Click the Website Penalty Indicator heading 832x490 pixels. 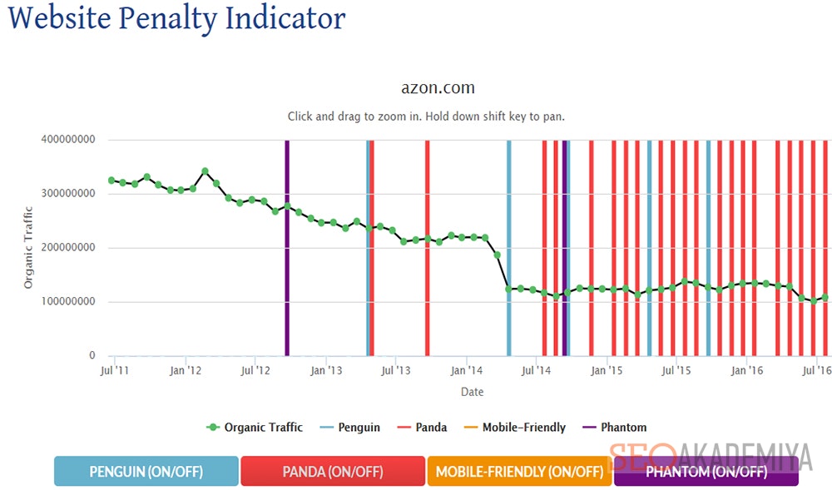click(176, 18)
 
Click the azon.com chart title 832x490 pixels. click(438, 88)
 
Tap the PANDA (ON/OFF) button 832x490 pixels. click(332, 472)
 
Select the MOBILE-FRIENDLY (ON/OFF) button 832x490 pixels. click(519, 472)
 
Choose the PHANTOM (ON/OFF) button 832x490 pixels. click(706, 472)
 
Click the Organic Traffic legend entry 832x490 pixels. click(255, 428)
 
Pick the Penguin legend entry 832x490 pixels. click(351, 428)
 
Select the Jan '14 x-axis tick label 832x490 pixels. click(467, 370)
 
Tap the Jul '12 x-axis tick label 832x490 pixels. click(255, 370)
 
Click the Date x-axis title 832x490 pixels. click(472, 392)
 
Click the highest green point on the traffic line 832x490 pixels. click(205, 171)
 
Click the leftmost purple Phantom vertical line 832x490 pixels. click(287, 248)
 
